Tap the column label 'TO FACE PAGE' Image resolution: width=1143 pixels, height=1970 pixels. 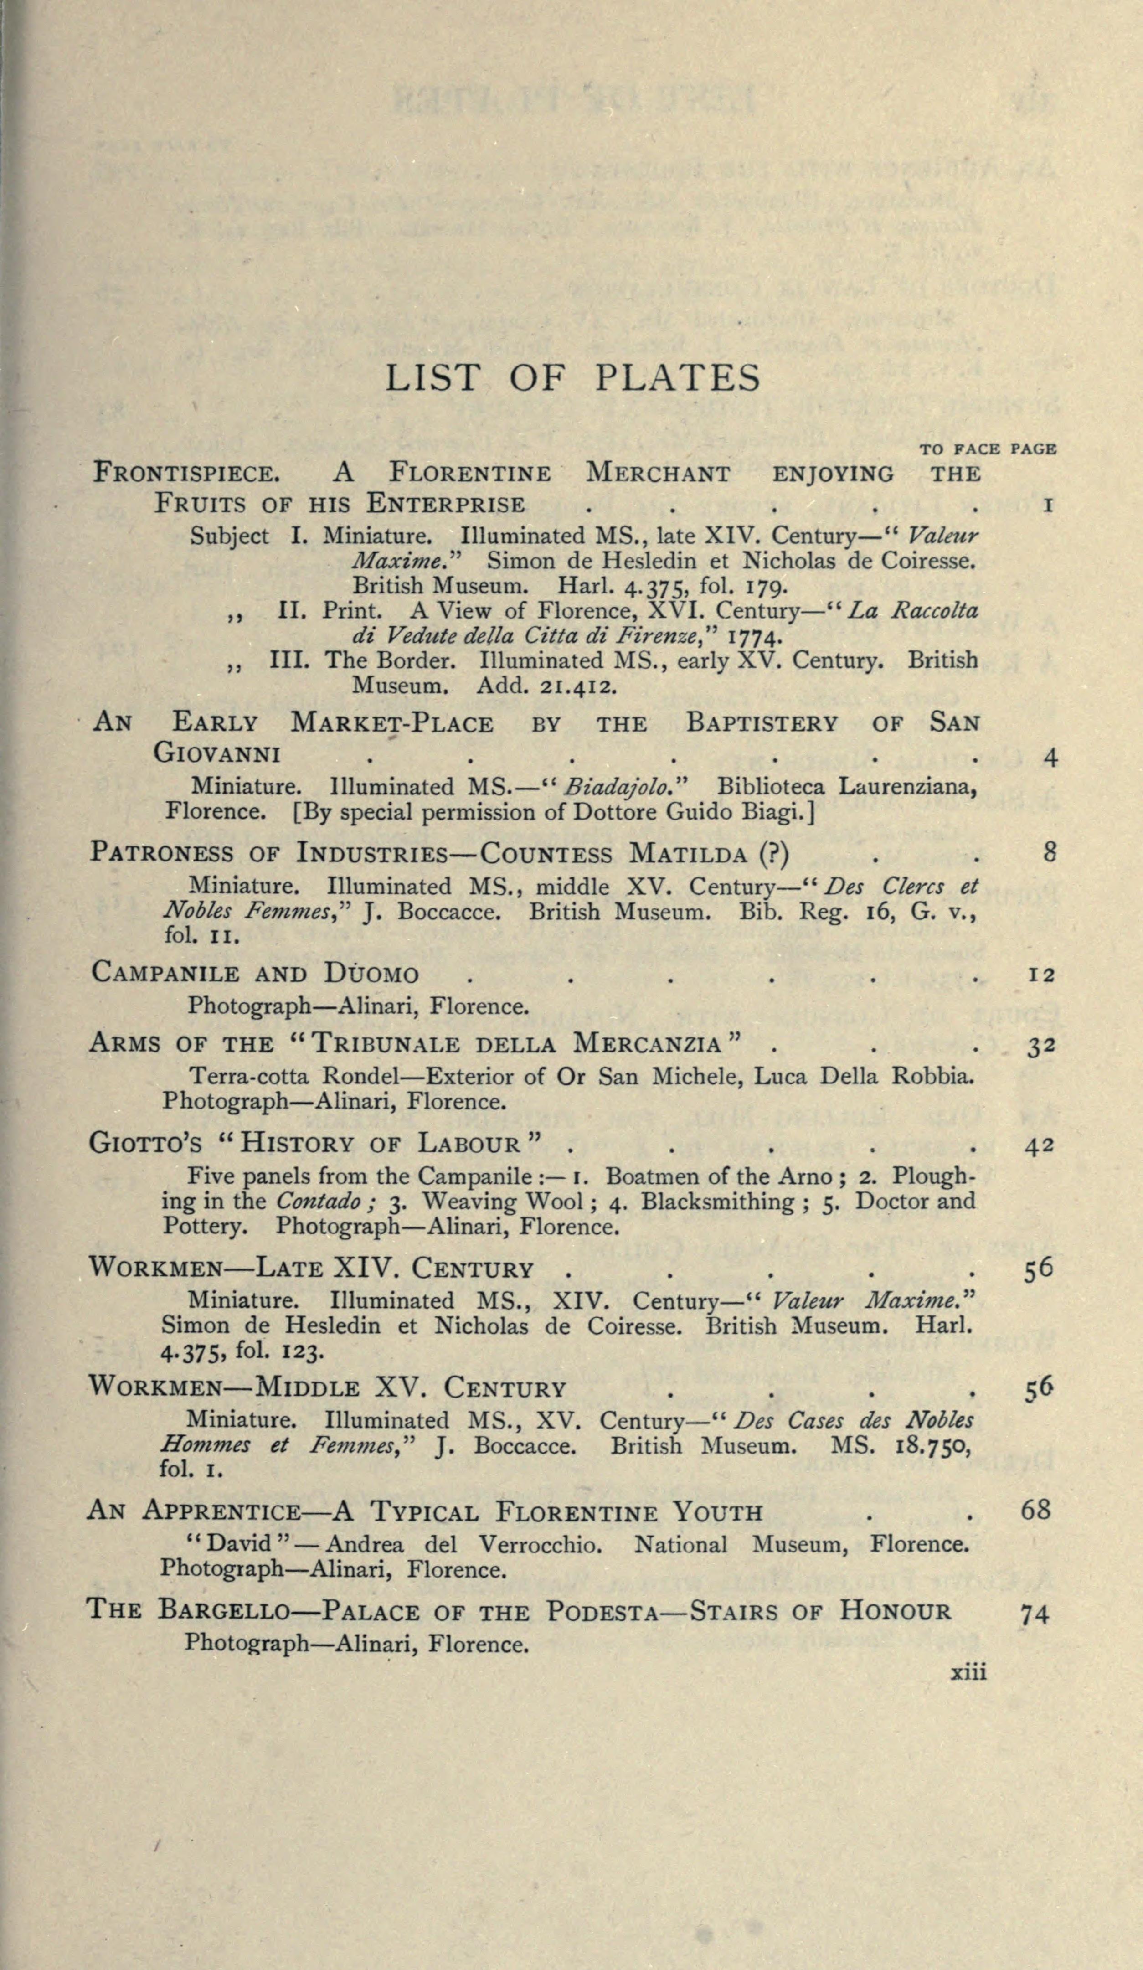[x=988, y=449]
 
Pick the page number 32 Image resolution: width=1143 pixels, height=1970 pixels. [x=1041, y=1045]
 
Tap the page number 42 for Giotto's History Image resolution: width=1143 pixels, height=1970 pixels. [x=1040, y=1146]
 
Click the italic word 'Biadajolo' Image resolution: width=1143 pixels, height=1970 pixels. [x=619, y=786]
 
